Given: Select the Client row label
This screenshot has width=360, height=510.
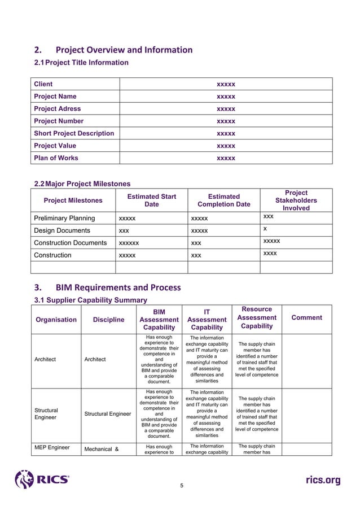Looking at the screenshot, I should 43,84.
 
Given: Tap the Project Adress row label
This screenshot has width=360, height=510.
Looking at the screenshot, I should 58,108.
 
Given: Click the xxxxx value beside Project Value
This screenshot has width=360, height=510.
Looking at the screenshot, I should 226,146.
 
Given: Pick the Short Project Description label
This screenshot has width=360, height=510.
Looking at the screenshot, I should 74,133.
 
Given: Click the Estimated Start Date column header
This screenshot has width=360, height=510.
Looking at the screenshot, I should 151,200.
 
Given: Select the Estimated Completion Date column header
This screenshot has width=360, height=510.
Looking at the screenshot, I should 223,200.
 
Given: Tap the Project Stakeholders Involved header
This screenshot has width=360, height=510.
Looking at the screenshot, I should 296,200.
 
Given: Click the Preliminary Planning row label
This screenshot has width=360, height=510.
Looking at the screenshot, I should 64,218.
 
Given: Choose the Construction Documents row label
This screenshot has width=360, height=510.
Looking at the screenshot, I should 71,243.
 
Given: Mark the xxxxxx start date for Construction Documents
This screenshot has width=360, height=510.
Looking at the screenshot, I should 129,243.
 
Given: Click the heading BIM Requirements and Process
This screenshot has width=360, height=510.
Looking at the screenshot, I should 117,287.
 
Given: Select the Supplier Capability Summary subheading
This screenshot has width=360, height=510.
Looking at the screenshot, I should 91,300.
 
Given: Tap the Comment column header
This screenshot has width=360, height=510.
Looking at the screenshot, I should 306,317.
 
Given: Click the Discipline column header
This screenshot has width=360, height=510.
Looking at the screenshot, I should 109,320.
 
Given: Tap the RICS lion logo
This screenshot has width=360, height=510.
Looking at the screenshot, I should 24,480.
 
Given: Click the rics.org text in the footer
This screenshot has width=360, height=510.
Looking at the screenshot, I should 323,480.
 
